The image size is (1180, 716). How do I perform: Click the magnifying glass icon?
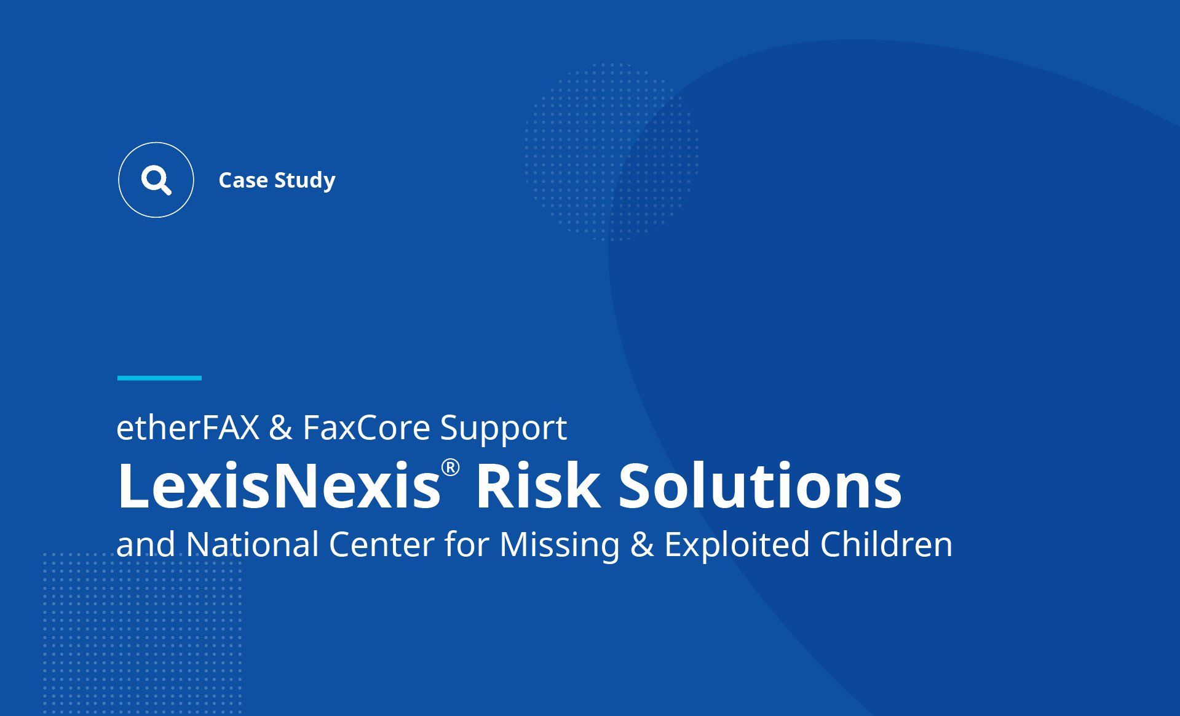point(156,180)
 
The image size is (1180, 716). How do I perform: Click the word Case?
point(244,180)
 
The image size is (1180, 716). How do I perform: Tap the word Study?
point(305,181)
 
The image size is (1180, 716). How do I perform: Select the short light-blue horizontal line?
point(159,378)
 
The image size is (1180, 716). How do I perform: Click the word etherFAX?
point(188,427)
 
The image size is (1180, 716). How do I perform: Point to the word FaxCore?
point(366,427)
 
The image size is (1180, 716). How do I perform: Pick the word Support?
point(504,429)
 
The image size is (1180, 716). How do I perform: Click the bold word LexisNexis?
point(279,485)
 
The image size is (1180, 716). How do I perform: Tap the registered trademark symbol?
point(451,467)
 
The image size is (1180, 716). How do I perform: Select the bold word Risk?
point(538,485)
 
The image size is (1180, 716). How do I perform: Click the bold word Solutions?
point(760,485)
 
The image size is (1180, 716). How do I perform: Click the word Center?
point(382,545)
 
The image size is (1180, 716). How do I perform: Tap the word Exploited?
point(737,546)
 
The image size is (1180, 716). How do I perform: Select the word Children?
point(886,544)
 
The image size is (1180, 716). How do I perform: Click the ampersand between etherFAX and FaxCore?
point(281,428)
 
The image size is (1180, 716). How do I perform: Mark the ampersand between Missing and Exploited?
point(642,545)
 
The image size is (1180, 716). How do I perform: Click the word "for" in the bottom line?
point(467,544)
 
